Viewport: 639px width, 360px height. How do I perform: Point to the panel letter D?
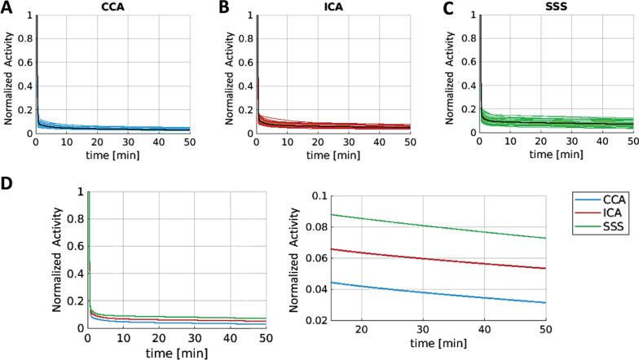pyautogui.click(x=8, y=185)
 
